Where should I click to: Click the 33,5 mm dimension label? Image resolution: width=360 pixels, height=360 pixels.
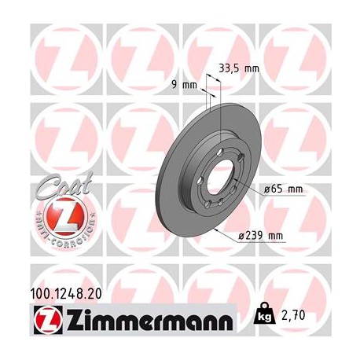coord(241,68)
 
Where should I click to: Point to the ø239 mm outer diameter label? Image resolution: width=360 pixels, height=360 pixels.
coord(263,235)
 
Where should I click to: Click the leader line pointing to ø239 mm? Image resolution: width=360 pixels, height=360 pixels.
coord(227,229)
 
